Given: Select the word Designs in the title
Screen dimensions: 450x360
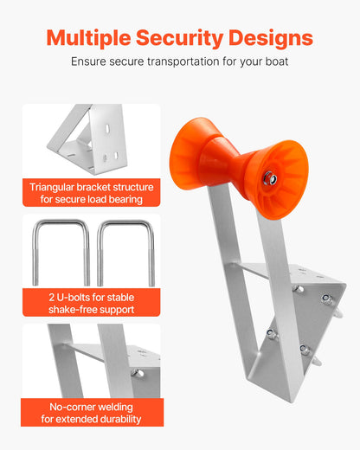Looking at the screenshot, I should pos(271,38).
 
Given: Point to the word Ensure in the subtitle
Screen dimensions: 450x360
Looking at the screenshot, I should pos(90,62).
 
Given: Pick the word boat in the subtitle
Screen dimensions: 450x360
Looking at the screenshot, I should pos(274,62).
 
